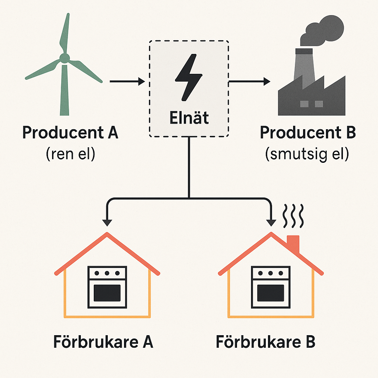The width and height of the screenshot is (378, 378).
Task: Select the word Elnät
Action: [x=189, y=118]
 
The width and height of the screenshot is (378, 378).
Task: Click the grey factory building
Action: [x=312, y=92]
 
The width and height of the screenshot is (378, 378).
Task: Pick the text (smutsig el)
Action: [x=307, y=154]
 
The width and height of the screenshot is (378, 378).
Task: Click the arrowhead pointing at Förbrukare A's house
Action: [x=107, y=223]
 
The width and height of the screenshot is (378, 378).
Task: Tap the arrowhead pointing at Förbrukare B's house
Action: [x=271, y=223]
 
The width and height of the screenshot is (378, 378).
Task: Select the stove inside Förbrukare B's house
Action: [x=271, y=288]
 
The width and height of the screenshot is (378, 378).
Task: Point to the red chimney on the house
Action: [x=293, y=243]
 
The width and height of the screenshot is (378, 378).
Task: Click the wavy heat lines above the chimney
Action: [x=293, y=217]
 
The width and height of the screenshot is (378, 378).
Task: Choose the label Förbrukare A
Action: [x=103, y=343]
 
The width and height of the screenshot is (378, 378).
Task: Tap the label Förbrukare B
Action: [x=265, y=343]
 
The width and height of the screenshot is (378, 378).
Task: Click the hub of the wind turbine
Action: [x=64, y=58]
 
